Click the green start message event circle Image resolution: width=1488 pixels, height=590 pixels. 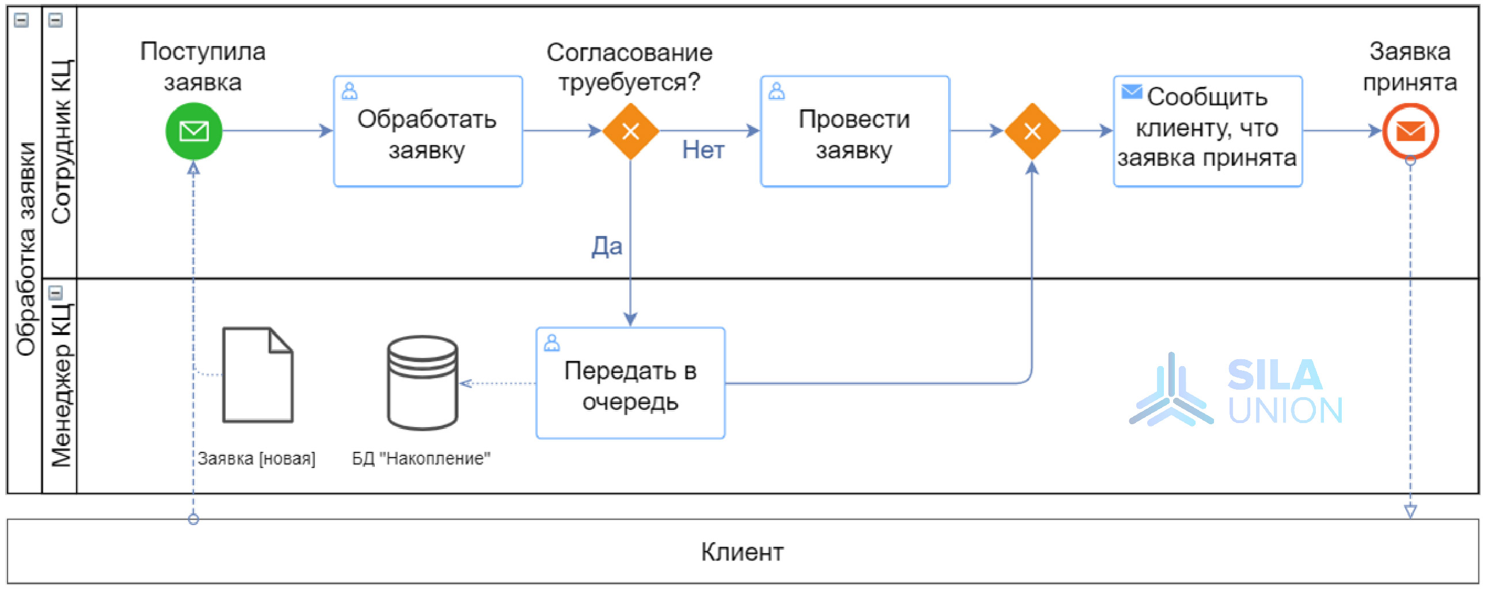click(x=193, y=131)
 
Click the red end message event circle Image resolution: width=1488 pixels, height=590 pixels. click(x=1410, y=131)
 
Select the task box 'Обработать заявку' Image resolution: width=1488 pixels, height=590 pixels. click(x=428, y=131)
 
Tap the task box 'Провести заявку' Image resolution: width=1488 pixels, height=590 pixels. click(x=854, y=131)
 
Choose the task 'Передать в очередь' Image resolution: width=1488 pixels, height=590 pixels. click(x=630, y=383)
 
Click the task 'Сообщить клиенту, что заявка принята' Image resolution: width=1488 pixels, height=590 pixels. click(x=1207, y=131)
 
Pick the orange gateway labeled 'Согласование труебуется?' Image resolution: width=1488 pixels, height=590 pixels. click(x=630, y=131)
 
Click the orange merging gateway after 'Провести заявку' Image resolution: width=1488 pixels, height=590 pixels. click(x=1032, y=131)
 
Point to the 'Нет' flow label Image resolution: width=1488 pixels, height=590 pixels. click(x=702, y=150)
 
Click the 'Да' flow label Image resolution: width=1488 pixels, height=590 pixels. click(x=607, y=246)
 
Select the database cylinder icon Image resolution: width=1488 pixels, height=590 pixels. click(x=423, y=383)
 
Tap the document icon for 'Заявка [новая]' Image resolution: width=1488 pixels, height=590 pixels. click(x=258, y=375)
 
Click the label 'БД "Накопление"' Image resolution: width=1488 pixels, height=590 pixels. click(x=421, y=458)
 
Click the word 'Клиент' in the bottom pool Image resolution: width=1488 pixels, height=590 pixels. click(x=741, y=552)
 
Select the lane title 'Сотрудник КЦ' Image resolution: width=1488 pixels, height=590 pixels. click(x=61, y=142)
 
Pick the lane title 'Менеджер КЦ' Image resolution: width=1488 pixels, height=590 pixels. click(x=61, y=385)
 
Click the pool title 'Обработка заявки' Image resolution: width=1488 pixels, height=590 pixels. click(x=26, y=249)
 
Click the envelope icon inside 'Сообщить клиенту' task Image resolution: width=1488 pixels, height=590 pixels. click(x=1131, y=92)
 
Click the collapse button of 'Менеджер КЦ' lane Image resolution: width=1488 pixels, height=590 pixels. click(x=55, y=293)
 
